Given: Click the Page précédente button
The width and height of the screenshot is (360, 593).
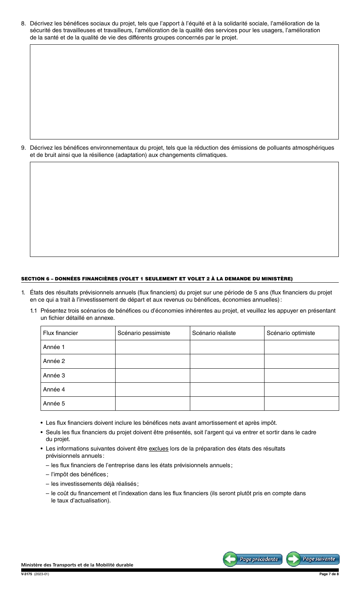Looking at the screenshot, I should (x=253, y=559).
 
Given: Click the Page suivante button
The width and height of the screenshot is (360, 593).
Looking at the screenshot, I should (x=313, y=559).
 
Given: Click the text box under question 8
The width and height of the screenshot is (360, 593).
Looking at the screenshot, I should (x=184, y=92).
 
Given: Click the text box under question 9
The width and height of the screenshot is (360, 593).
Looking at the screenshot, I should (x=184, y=209).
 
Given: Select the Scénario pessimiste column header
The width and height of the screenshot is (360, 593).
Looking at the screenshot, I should (x=144, y=333).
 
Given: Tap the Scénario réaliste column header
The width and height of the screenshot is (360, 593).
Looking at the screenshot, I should (x=214, y=333).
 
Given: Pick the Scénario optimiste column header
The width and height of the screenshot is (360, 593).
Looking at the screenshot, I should (x=291, y=333).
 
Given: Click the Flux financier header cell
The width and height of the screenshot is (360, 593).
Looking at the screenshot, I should (x=61, y=333).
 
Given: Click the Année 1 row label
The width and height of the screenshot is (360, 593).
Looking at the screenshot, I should (x=54, y=347).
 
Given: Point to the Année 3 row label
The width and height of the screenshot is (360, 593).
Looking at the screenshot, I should (x=54, y=376).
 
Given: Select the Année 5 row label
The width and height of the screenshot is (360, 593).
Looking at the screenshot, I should (x=54, y=404).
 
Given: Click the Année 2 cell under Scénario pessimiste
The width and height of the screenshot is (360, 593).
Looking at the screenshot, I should (x=152, y=361).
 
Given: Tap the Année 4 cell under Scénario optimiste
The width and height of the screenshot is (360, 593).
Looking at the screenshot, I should (x=301, y=390).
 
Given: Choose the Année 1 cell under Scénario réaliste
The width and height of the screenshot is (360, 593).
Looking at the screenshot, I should (x=227, y=347).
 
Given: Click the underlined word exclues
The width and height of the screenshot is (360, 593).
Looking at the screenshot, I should (x=158, y=449).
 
